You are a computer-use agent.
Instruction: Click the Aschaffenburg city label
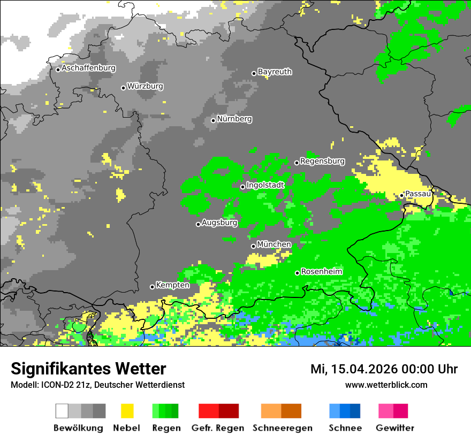pyautogui.click(x=88, y=68)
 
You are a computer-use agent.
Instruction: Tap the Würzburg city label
pyautogui.click(x=145, y=87)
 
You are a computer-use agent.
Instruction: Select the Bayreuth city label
pyautogui.click(x=275, y=72)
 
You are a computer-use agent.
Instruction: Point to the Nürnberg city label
pyautogui.click(x=234, y=119)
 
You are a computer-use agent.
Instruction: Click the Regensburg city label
pyautogui.click(x=322, y=161)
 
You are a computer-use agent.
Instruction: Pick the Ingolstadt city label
pyautogui.click(x=265, y=185)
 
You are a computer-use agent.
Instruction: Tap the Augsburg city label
pyautogui.click(x=219, y=223)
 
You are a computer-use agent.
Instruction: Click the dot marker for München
pyautogui.click(x=254, y=246)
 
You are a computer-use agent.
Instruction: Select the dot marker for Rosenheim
pyautogui.click(x=297, y=273)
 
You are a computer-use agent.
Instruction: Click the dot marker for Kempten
pyautogui.click(x=152, y=287)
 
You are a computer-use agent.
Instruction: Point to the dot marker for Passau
pyautogui.click(x=401, y=195)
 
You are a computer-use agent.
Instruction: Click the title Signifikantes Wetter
pyautogui.click(x=88, y=369)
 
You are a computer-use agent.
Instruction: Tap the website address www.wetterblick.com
pyautogui.click(x=386, y=385)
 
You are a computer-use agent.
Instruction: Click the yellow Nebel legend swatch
pyautogui.click(x=127, y=411)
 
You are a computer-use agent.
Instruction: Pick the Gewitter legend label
pyautogui.click(x=394, y=428)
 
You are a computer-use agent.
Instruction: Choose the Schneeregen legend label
pyautogui.click(x=282, y=428)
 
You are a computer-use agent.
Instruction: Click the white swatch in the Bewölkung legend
pyautogui.click(x=62, y=411)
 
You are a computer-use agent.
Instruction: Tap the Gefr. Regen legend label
pyautogui.click(x=218, y=428)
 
